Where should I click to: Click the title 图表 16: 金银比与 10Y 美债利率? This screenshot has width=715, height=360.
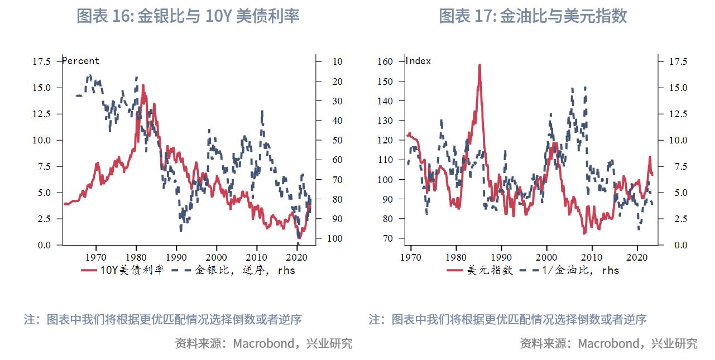click(188, 16)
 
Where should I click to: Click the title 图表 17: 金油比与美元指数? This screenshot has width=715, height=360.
click(532, 16)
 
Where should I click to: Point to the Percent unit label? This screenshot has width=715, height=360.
click(81, 61)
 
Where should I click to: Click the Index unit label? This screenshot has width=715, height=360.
click(419, 61)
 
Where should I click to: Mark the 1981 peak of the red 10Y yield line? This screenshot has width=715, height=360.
click(143, 85)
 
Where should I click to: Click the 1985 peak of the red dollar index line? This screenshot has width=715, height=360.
click(479, 65)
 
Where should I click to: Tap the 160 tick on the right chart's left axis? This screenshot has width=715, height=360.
click(386, 61)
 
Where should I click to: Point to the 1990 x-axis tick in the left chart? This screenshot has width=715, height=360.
click(176, 257)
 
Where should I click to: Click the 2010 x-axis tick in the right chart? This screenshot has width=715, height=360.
click(592, 257)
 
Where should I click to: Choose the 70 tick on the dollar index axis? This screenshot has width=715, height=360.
click(388, 238)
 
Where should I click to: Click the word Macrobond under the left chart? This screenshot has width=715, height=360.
click(263, 343)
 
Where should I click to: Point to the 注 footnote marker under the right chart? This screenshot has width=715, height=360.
click(375, 320)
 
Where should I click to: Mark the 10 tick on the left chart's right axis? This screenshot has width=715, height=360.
click(337, 61)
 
